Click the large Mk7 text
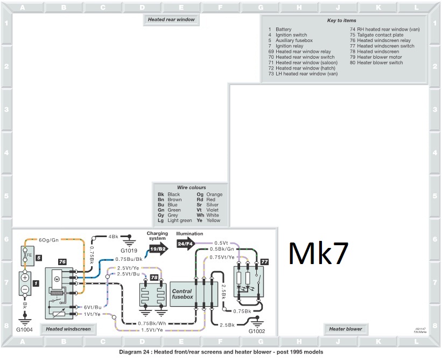(319, 253)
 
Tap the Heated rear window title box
(171, 19)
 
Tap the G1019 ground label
(130, 251)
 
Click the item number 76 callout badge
(62, 261)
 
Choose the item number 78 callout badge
(155, 277)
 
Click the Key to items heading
(342, 20)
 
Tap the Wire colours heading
(191, 188)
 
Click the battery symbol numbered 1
(25, 284)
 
